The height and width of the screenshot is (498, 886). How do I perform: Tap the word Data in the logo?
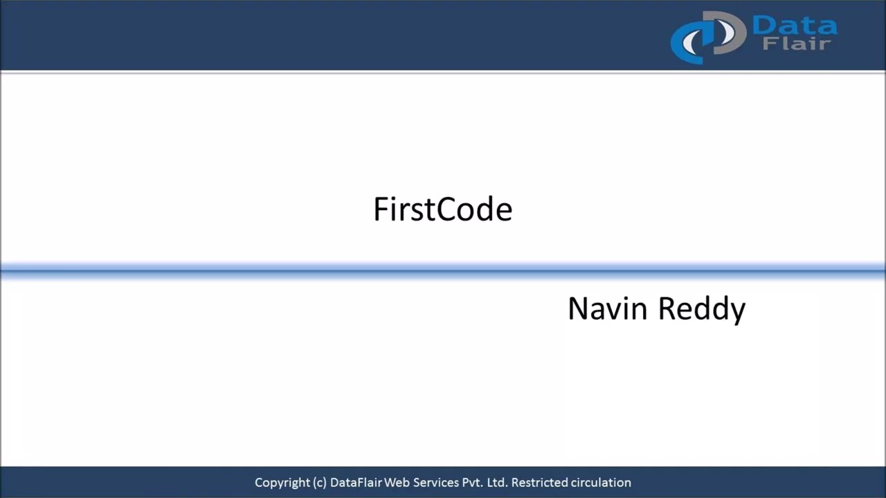tap(794, 26)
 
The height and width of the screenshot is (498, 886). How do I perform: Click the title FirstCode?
tap(442, 210)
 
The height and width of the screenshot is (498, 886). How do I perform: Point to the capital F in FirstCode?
tap(380, 210)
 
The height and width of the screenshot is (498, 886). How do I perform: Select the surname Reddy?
tap(701, 308)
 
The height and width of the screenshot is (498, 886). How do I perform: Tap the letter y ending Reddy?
tap(736, 311)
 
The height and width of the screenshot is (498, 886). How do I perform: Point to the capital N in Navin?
tap(577, 308)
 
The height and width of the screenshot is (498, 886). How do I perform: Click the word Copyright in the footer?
tap(282, 483)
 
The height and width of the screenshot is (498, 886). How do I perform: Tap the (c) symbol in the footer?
tap(319, 483)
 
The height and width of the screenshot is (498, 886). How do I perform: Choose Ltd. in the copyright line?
tap(498, 483)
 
